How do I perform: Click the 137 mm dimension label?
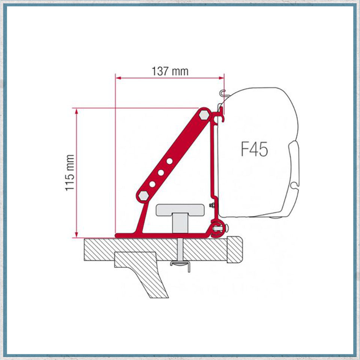pyautogui.click(x=170, y=71)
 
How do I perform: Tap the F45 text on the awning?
pyautogui.click(x=254, y=149)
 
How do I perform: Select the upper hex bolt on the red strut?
pyautogui.click(x=204, y=114)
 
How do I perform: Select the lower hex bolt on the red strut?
pyautogui.click(x=143, y=195)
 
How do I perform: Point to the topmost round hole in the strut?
pyautogui.click(x=170, y=161)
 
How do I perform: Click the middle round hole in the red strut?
pyautogui.click(x=161, y=173)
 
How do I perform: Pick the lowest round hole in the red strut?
pyautogui.click(x=152, y=184)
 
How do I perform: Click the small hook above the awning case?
pyautogui.click(x=223, y=93)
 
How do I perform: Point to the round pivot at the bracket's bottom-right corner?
pyautogui.click(x=217, y=227)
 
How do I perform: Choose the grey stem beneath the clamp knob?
pyautogui.click(x=179, y=224)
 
